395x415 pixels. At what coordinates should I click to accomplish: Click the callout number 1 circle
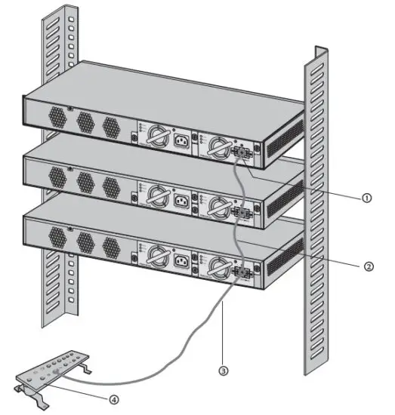click(366, 198)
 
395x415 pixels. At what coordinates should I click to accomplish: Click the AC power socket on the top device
click(181, 140)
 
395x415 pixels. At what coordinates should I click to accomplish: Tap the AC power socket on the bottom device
click(181, 263)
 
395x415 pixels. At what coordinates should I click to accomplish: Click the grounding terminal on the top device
click(244, 152)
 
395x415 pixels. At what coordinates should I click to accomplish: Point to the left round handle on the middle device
click(156, 198)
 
